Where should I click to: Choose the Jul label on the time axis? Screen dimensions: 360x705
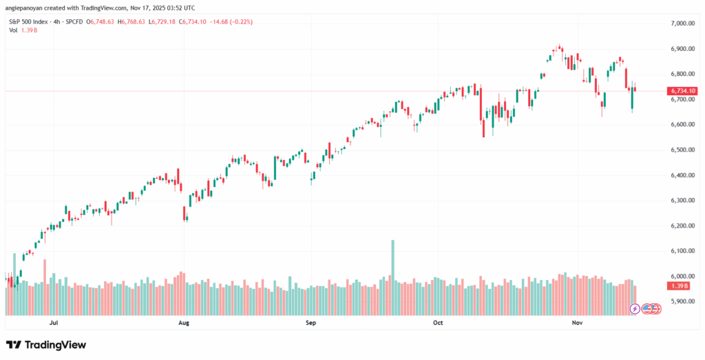pos(53,322)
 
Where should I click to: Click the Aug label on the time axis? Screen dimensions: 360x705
pos(184,322)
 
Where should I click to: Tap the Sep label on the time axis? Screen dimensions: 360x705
pos(311,322)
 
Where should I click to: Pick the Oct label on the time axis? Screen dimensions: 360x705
pos(439,322)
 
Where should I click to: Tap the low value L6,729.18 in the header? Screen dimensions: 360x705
pos(164,21)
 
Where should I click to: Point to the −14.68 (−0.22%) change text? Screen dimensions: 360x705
pos(232,21)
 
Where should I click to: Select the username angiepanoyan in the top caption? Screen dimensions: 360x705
pos(27,8)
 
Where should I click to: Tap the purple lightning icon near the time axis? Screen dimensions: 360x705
pos(635,308)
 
